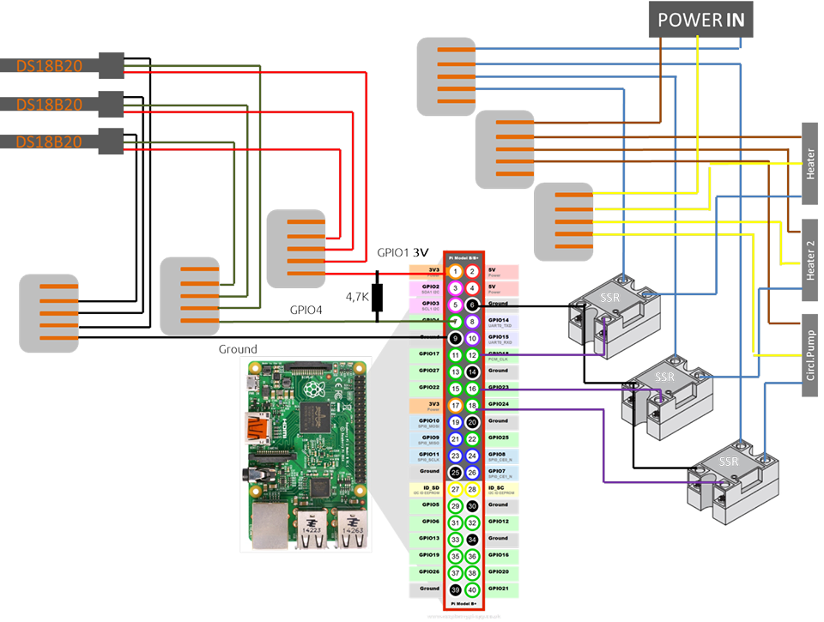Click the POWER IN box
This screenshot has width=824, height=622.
click(701, 19)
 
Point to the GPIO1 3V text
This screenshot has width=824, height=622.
click(403, 253)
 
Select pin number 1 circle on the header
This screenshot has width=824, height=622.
click(456, 271)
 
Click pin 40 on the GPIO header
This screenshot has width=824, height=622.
click(472, 589)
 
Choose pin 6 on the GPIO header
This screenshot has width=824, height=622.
click(472, 305)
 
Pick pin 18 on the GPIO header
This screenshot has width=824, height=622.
click(472, 405)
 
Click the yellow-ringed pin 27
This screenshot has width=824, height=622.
click(456, 489)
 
